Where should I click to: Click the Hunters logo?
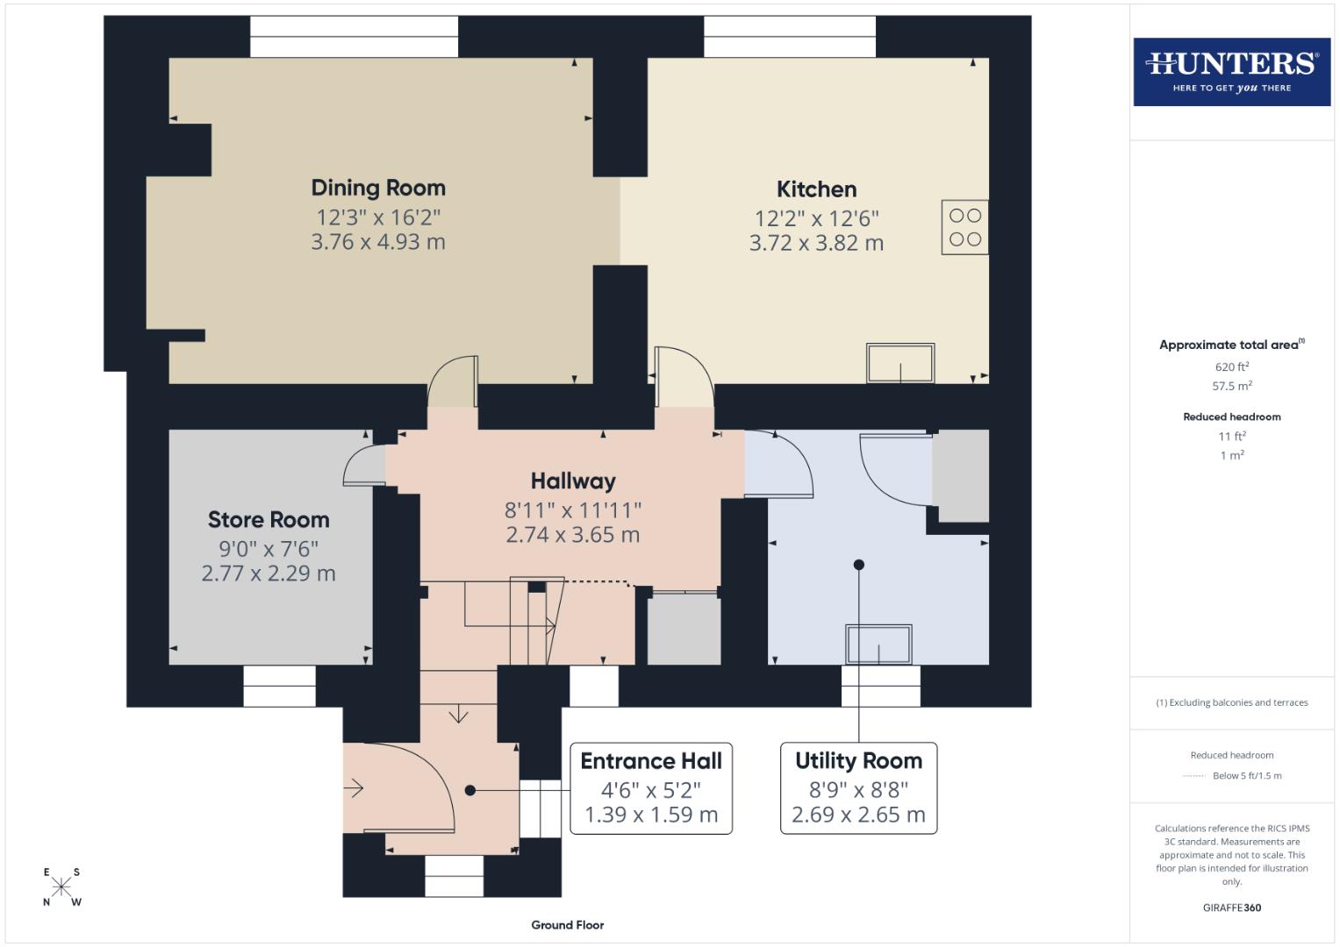click(1231, 72)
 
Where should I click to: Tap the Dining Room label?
click(378, 188)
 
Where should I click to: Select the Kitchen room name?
click(816, 189)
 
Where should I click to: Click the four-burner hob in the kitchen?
click(964, 227)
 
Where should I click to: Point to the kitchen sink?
click(900, 363)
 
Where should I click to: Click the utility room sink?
click(878, 644)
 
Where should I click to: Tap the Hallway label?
click(573, 481)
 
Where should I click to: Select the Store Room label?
click(269, 520)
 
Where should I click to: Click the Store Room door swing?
click(362, 465)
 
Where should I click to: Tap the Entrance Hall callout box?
click(651, 787)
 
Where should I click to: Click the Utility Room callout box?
click(858, 787)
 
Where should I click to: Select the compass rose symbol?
click(61, 886)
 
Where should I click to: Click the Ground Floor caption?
click(567, 925)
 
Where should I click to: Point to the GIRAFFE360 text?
click(1231, 908)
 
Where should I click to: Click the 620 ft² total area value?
click(1231, 367)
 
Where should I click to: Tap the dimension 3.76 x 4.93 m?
click(378, 242)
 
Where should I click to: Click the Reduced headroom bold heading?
click(1231, 417)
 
